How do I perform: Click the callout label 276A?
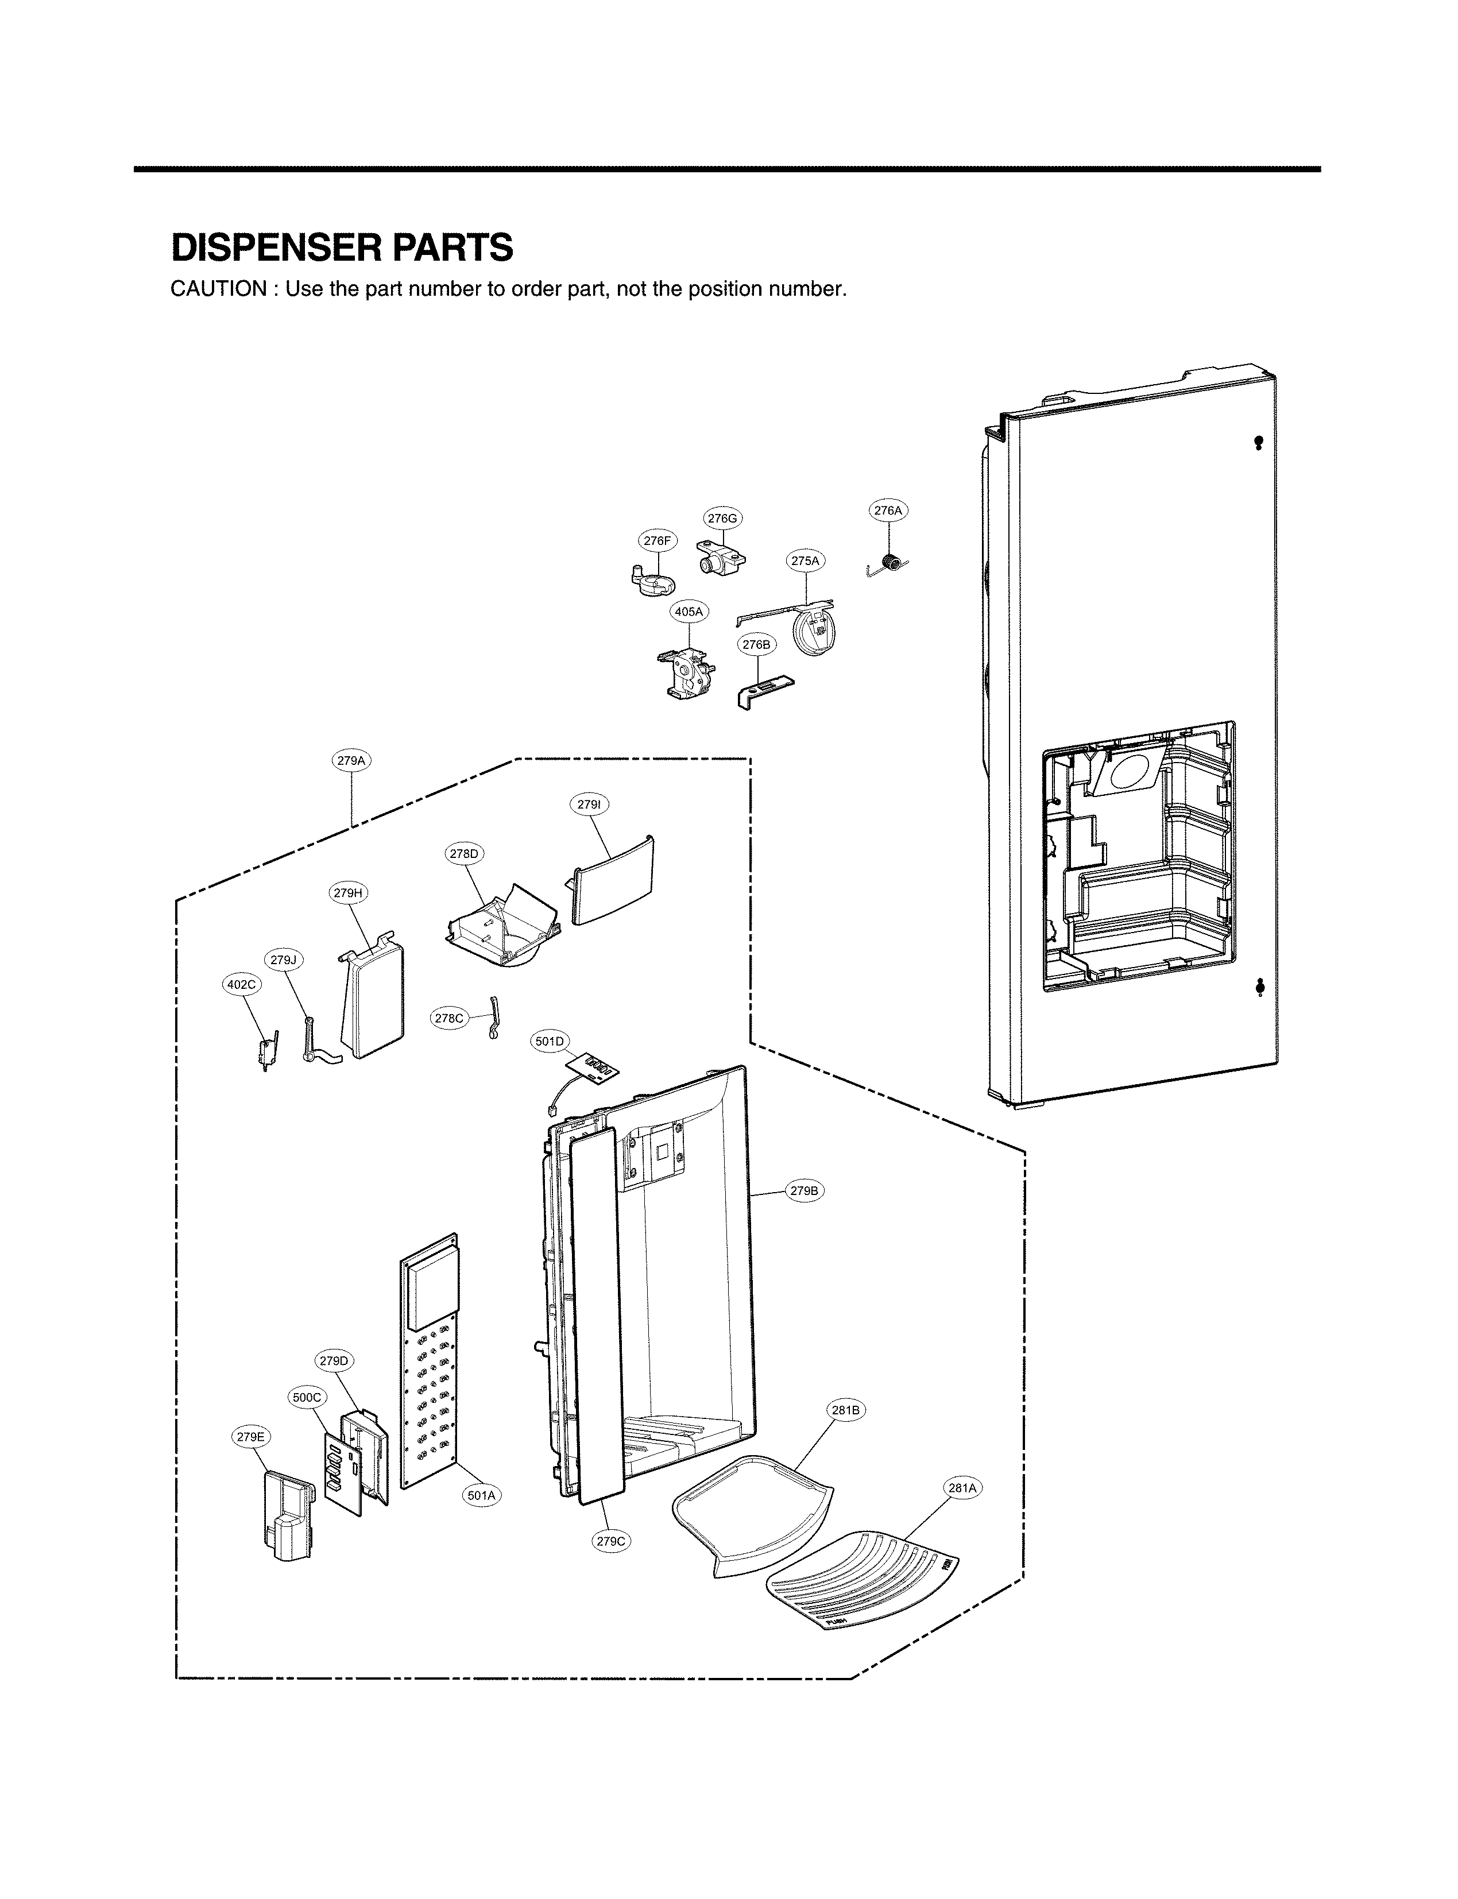pos(888,511)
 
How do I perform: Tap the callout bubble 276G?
pos(722,519)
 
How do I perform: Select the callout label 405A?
pos(689,612)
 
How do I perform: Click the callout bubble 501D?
pos(550,1042)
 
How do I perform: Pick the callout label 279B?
pos(803,1191)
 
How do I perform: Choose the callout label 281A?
pos(962,1488)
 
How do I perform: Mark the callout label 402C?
pos(241,984)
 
